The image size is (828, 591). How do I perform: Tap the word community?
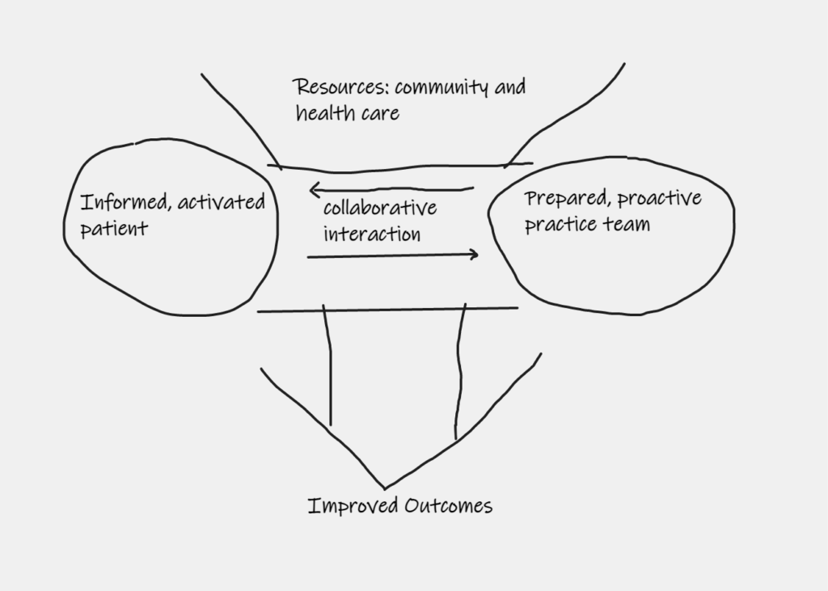tap(441, 88)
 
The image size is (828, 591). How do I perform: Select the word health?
tap(323, 112)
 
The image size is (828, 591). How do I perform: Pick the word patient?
tap(114, 229)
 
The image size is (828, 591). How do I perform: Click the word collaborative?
tap(380, 208)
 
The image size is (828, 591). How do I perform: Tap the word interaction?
tap(372, 234)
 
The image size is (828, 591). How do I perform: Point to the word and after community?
tap(509, 87)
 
